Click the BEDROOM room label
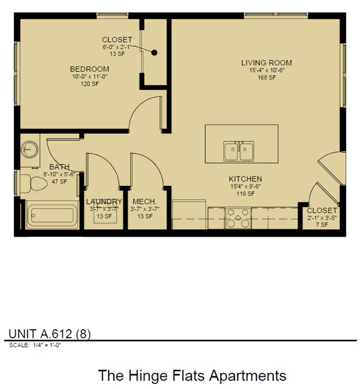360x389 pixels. [89, 69]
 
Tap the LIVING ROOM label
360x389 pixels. [266, 63]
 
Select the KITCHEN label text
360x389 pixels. [245, 179]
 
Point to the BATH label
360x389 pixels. [59, 167]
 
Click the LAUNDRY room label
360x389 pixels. [104, 201]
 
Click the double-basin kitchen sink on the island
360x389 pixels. [239, 151]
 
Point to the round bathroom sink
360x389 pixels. [29, 149]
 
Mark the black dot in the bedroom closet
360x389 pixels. [155, 53]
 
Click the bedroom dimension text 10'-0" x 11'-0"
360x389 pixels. [89, 76]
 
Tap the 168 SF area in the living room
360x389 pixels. [266, 77]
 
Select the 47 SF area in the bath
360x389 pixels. [59, 181]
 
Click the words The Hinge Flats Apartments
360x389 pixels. [192, 375]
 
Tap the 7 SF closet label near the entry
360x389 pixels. [321, 225]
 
